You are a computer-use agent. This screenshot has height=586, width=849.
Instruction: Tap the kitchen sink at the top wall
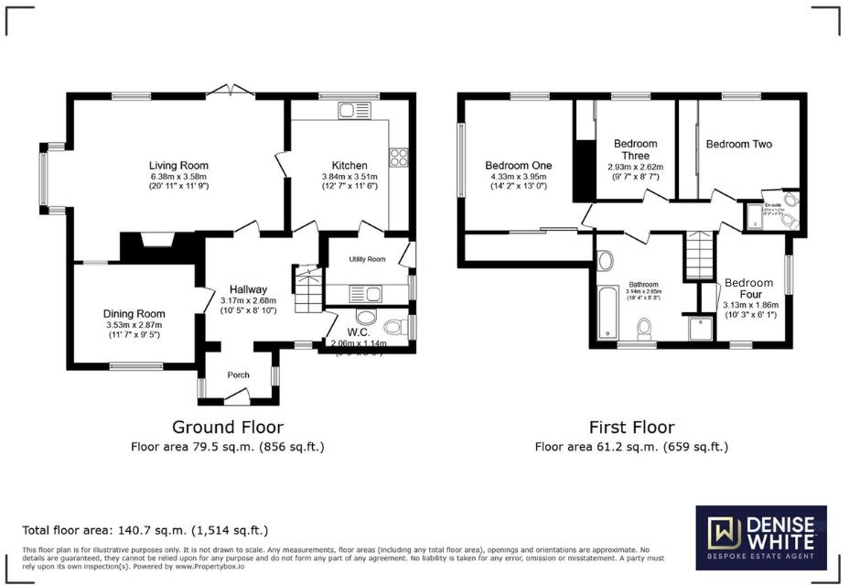(350, 112)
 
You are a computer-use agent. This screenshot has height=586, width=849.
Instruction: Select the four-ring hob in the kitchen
(399, 157)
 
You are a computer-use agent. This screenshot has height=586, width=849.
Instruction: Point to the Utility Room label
(367, 259)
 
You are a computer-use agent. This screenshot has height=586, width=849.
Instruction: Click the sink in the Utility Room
(373, 294)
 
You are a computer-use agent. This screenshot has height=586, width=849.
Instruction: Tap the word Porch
(238, 374)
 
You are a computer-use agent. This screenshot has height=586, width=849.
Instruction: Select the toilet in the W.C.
(395, 326)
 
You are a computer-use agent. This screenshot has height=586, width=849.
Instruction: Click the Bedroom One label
(518, 166)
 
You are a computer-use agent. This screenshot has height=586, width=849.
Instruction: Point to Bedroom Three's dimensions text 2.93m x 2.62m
(635, 167)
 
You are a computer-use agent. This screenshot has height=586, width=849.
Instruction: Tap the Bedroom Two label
(738, 144)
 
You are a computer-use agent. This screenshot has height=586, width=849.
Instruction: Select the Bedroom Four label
(748, 289)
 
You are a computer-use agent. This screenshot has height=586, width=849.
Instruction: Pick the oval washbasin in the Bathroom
(604, 260)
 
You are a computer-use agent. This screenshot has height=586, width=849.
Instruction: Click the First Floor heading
(632, 427)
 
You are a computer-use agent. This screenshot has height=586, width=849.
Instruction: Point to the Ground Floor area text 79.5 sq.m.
(227, 447)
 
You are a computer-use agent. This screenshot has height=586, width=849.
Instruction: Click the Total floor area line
(145, 530)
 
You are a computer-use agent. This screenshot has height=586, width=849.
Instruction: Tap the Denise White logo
(760, 537)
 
